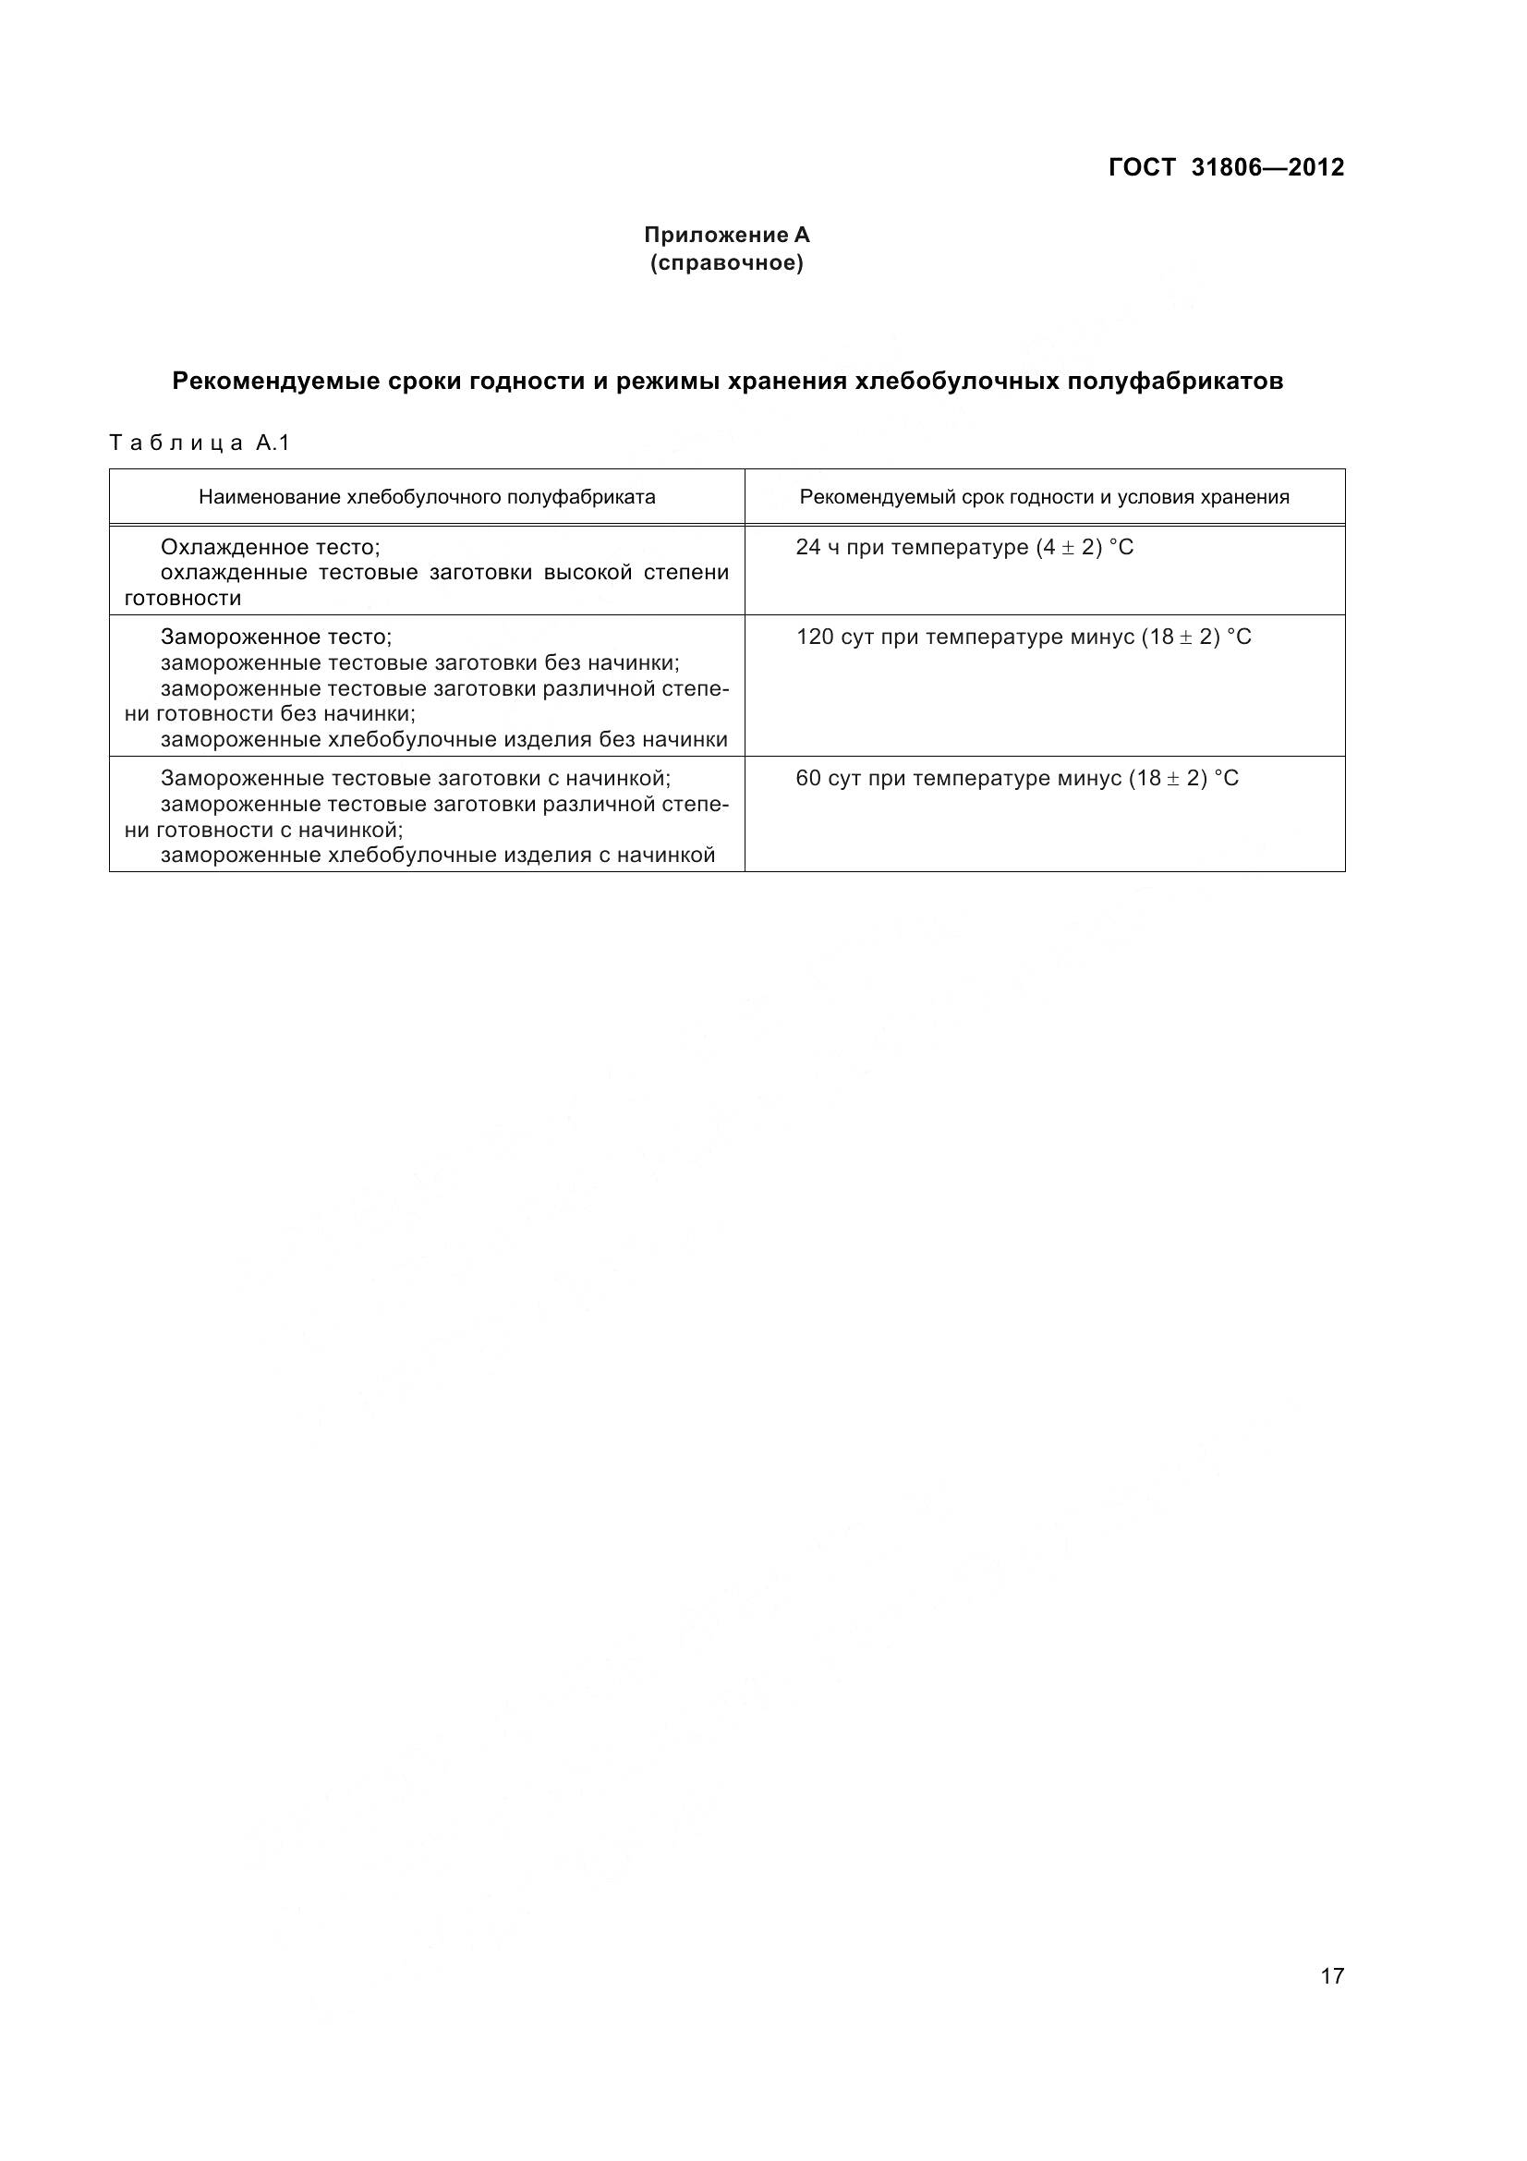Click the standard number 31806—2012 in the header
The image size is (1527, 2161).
point(1267,167)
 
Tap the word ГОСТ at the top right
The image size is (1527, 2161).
point(1142,167)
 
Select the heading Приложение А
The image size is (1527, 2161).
point(726,235)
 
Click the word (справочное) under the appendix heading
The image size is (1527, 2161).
point(726,263)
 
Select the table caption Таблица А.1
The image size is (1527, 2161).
point(200,443)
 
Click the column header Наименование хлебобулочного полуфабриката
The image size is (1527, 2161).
point(426,497)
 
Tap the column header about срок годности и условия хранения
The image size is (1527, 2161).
point(1045,497)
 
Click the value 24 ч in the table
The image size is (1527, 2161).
point(818,548)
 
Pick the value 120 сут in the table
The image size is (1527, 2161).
point(828,637)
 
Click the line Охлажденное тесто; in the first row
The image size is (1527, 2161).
point(270,548)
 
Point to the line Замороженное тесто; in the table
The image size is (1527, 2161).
point(275,637)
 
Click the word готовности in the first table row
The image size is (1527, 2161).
point(183,599)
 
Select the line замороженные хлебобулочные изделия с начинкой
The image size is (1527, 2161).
point(438,855)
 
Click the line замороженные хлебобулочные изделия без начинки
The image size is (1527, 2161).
point(444,740)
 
